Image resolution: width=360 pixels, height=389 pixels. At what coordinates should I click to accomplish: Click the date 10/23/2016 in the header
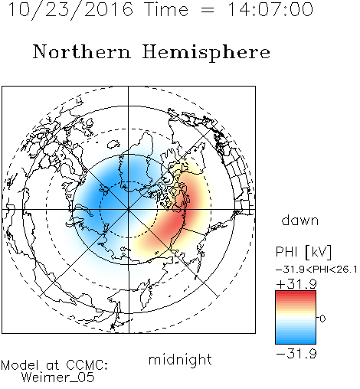(x=70, y=10)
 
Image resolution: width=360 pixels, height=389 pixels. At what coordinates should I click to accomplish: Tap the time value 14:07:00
(x=270, y=9)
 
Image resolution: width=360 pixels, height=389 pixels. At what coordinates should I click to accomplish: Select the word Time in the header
(x=166, y=9)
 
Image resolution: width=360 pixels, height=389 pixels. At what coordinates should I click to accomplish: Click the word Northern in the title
(x=82, y=52)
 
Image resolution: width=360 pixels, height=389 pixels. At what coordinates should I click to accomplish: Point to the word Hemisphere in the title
(x=206, y=52)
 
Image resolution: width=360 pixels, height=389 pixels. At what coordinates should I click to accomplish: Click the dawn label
(x=300, y=220)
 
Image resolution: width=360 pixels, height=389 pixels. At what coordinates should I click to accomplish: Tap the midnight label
(x=180, y=359)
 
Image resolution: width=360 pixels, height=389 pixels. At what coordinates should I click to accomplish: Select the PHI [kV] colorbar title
(x=303, y=252)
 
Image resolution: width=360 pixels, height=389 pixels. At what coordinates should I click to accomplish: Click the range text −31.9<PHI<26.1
(x=316, y=270)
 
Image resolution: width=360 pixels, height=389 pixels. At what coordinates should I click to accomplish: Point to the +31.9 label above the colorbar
(x=296, y=284)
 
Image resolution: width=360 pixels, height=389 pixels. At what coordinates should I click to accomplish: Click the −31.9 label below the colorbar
(x=296, y=354)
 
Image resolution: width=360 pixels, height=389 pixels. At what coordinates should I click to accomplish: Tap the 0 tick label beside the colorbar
(x=322, y=319)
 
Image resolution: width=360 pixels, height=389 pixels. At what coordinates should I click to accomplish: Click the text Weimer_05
(x=58, y=378)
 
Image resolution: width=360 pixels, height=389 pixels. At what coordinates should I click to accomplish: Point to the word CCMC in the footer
(x=87, y=365)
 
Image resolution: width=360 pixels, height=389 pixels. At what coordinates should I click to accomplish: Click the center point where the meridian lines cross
(x=129, y=210)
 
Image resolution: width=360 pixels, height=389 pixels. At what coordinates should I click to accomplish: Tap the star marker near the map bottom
(x=113, y=326)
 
